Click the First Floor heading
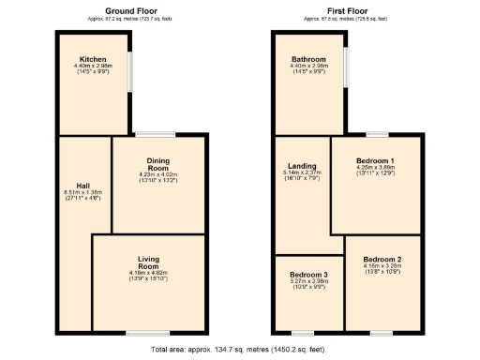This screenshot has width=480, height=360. [347, 10]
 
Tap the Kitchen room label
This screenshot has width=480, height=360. [92, 58]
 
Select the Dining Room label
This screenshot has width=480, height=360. [157, 165]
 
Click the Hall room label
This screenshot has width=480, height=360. [82, 184]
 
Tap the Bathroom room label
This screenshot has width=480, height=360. [307, 58]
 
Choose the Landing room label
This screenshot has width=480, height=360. [302, 165]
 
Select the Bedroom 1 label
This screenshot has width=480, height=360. [378, 161]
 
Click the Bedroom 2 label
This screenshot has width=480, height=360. [382, 259]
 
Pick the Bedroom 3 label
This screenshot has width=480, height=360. [308, 275]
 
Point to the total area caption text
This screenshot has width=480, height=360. [240, 349]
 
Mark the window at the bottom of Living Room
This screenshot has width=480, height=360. [148, 333]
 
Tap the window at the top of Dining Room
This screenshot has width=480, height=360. [156, 134]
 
